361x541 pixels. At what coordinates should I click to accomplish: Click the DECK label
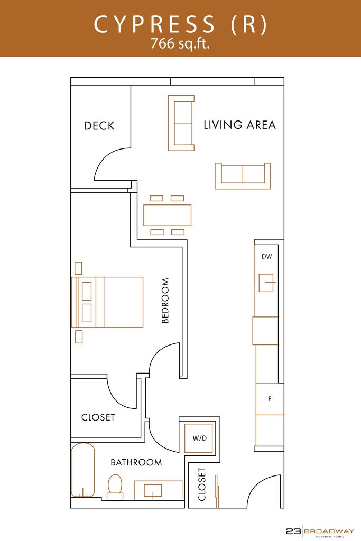tap(99, 126)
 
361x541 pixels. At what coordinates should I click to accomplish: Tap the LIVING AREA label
tap(240, 125)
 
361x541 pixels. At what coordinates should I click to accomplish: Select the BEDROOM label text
tap(165, 301)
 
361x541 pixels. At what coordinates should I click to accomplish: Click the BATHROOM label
tap(136, 462)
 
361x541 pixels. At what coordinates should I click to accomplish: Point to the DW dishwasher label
tap(266, 256)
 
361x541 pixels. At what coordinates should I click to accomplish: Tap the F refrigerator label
tap(270, 399)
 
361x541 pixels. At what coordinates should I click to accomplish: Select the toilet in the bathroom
tap(115, 487)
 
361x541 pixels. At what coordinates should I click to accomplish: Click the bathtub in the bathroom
tap(82, 470)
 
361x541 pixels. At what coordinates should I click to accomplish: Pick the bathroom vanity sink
tap(153, 491)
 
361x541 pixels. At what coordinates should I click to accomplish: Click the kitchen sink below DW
tap(266, 283)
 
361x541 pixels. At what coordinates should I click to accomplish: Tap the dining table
tap(168, 216)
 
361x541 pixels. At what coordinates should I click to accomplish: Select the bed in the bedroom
tap(107, 302)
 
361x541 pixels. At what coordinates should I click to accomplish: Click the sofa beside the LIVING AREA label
tap(181, 123)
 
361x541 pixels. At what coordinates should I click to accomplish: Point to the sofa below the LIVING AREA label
tap(243, 176)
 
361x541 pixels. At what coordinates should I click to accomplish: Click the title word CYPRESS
tap(155, 24)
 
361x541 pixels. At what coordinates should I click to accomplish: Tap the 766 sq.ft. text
tap(180, 44)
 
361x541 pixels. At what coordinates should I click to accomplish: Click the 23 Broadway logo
tap(320, 531)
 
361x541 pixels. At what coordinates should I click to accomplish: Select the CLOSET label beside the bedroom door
tap(98, 417)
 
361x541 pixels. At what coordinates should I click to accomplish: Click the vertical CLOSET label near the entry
tap(202, 484)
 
